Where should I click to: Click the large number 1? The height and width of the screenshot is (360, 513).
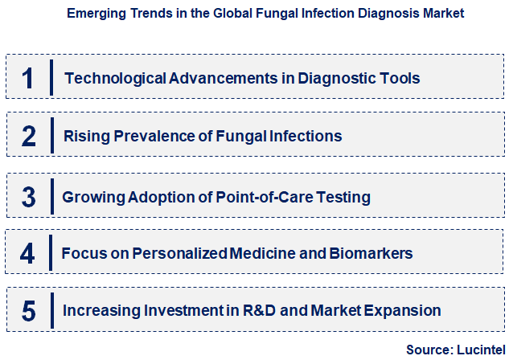tap(28, 79)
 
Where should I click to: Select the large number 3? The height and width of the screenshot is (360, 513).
tap(29, 196)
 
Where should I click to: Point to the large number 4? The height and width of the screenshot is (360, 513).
tap(28, 254)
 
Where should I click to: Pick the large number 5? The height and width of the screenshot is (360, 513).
tap(29, 310)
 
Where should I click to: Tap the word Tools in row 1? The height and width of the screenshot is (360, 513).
tap(399, 79)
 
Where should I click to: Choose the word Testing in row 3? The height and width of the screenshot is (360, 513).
tap(343, 197)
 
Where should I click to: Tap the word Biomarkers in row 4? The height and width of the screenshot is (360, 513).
tap(371, 254)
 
